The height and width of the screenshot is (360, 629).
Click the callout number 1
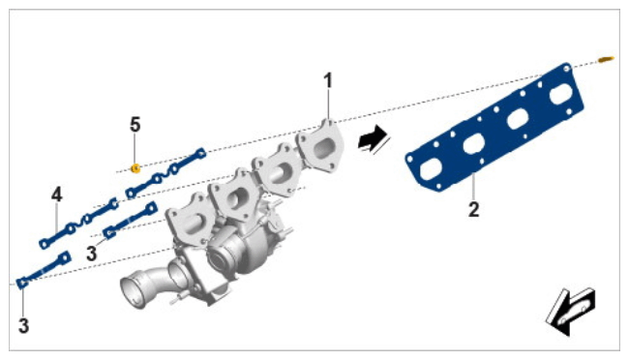328,80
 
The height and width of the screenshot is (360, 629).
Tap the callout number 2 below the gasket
474,209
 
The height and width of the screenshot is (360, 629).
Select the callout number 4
57,195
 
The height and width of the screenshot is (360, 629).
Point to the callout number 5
135,125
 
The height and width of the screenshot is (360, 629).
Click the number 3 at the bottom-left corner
23,326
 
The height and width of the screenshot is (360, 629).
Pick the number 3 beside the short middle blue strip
92,254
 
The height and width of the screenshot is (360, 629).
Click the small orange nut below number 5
135,168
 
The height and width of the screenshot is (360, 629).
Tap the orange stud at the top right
606,59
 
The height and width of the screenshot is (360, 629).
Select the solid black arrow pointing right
372,138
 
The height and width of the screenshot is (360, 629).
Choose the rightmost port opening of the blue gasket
561,94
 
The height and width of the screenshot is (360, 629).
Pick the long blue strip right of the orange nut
166,173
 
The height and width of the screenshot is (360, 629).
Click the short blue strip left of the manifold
130,220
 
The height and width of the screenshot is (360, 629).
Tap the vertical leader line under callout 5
135,149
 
